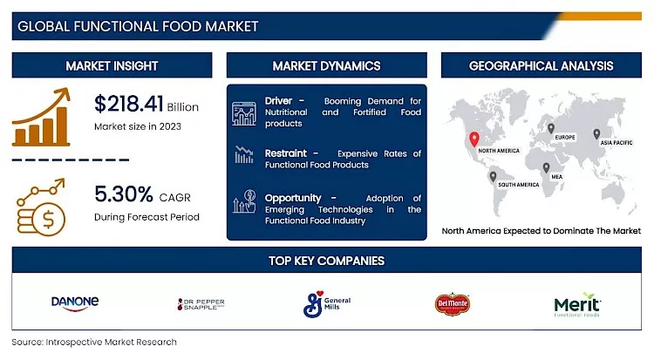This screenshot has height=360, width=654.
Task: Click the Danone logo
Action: pos(75,302)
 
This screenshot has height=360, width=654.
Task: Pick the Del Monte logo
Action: pos(453,303)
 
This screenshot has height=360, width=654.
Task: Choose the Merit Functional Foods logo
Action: pos(578,304)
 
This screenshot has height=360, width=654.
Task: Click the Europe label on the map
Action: pos(564,138)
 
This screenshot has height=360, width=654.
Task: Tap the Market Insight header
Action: pos(112,65)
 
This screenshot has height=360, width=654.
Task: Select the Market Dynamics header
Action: pos(326,65)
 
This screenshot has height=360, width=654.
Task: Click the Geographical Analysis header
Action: pos(541,65)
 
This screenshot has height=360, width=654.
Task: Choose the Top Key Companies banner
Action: pos(326,260)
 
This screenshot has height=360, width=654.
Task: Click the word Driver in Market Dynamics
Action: pos(279,101)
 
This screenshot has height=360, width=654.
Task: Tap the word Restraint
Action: pos(286,153)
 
